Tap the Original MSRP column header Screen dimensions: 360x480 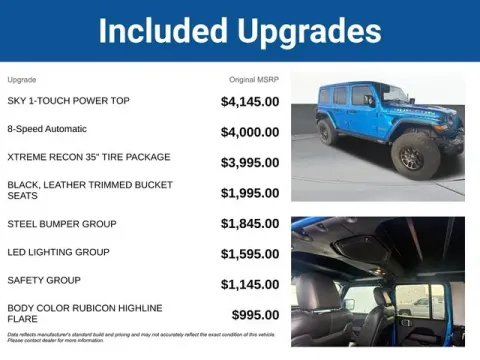(254, 79)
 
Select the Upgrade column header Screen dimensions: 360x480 (22, 79)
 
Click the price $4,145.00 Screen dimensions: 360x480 (250, 102)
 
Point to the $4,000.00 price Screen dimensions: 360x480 (250, 130)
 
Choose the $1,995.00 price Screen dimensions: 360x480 (250, 193)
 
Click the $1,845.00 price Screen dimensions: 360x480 (250, 225)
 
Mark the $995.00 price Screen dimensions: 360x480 (256, 315)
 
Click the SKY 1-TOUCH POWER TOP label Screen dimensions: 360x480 (67, 101)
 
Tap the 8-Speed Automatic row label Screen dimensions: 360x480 (47, 129)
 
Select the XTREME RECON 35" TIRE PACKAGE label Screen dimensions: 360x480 (89, 157)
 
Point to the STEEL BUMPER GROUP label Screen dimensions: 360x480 (62, 224)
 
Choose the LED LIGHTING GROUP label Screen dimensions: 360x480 (58, 252)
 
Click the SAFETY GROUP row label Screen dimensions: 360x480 (44, 280)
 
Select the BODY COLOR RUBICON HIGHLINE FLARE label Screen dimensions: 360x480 (85, 314)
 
